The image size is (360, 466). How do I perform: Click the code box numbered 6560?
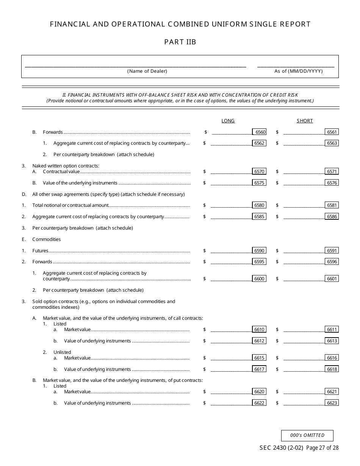pyautogui.click(x=260, y=132)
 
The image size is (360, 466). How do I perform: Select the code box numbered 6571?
pyautogui.click(x=332, y=171)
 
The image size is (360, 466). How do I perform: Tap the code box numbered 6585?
pyautogui.click(x=259, y=217)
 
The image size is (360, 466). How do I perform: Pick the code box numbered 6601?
pyautogui.click(x=332, y=278)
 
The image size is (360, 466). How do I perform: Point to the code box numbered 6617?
pyautogui.click(x=259, y=369)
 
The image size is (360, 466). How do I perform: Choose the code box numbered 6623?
pyautogui.click(x=332, y=403)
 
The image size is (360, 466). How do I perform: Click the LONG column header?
pyautogui.click(x=228, y=121)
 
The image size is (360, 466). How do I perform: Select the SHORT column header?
pyautogui.click(x=305, y=121)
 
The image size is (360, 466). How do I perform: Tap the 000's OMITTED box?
pyautogui.click(x=307, y=436)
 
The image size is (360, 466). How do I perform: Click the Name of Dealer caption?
pyautogui.click(x=147, y=71)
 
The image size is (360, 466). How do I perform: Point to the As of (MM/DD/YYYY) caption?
pyautogui.click(x=299, y=71)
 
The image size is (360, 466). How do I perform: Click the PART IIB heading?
pyautogui.click(x=180, y=42)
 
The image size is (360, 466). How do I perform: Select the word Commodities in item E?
pyautogui.click(x=47, y=239)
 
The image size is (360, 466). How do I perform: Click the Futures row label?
pyautogui.click(x=40, y=250)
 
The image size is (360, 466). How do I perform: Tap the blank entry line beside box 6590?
pyautogui.click(x=231, y=251)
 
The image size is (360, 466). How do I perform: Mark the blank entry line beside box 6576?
pyautogui.click(x=304, y=183)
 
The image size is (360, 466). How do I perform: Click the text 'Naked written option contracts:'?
pyautogui.click(x=66, y=166)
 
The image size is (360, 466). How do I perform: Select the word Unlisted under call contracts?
pyautogui.click(x=62, y=352)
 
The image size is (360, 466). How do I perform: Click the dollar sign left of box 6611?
pyautogui.click(x=277, y=330)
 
